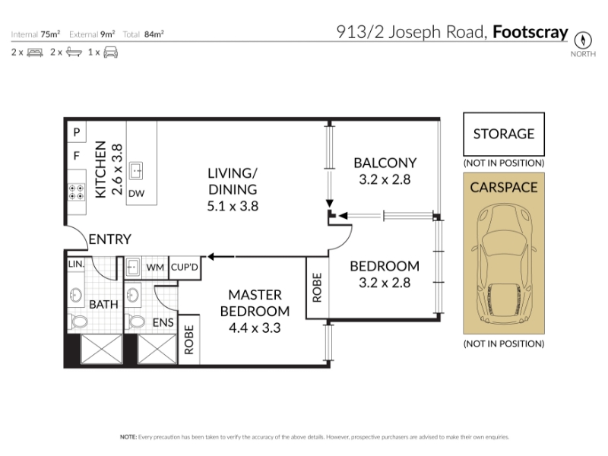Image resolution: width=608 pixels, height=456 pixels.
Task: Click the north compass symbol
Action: (x=583, y=40)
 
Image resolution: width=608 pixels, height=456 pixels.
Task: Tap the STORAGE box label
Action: (x=504, y=135)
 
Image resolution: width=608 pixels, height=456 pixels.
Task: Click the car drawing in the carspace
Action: (x=504, y=264)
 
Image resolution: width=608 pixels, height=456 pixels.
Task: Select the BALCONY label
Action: (x=385, y=163)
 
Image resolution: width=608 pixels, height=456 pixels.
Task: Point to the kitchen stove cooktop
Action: (x=77, y=192)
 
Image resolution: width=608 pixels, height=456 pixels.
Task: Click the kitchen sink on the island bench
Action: (x=136, y=170)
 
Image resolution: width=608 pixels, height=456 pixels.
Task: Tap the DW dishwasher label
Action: (x=137, y=194)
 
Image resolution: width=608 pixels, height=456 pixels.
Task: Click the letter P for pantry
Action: (x=77, y=132)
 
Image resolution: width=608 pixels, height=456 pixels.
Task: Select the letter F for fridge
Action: (x=77, y=156)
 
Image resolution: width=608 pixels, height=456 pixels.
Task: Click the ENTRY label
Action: (x=109, y=239)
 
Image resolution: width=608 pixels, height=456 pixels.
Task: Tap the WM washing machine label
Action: (x=155, y=268)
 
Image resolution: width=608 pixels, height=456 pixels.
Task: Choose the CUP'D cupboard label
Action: (x=185, y=268)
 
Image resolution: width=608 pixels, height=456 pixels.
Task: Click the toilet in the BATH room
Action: (x=78, y=321)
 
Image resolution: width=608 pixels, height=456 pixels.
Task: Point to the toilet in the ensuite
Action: (x=135, y=321)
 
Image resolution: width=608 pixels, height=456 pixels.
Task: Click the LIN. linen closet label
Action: (x=76, y=264)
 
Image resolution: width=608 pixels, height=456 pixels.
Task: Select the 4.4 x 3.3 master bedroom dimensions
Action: (x=255, y=328)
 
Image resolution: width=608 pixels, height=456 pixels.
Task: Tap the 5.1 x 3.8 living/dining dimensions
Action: (x=233, y=206)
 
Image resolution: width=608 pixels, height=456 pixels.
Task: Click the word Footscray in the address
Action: (x=530, y=32)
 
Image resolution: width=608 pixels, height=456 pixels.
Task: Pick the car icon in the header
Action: (x=110, y=52)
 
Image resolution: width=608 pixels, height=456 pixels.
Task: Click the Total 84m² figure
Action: (x=144, y=34)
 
